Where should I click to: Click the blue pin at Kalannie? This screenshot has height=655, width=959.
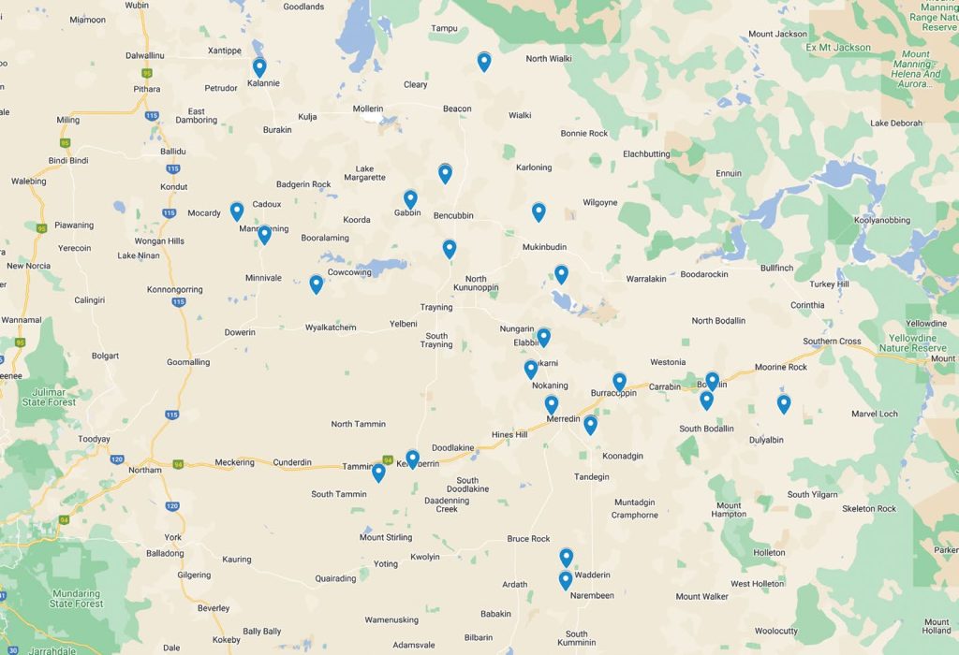tap(259, 67)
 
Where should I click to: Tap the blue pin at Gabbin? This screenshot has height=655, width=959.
tap(410, 199)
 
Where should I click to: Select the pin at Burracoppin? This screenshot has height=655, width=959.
tap(619, 382)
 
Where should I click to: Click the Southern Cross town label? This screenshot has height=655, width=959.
tap(832, 342)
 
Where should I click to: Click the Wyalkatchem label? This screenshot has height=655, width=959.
tap(331, 327)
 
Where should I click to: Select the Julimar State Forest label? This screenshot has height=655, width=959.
tap(48, 397)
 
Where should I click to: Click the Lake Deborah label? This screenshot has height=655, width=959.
tap(896, 124)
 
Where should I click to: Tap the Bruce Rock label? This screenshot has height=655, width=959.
tap(528, 539)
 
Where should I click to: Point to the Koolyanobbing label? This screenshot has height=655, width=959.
tap(881, 221)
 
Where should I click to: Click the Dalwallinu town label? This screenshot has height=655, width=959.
tap(145, 56)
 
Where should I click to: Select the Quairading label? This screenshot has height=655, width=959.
tap(335, 578)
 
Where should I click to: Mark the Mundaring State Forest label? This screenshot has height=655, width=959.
tap(76, 598)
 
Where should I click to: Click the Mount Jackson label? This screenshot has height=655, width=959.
tap(778, 35)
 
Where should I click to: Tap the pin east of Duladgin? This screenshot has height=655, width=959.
tap(784, 404)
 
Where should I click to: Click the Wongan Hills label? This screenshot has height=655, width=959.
tap(158, 240)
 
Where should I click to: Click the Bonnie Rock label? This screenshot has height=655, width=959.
tap(584, 134)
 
